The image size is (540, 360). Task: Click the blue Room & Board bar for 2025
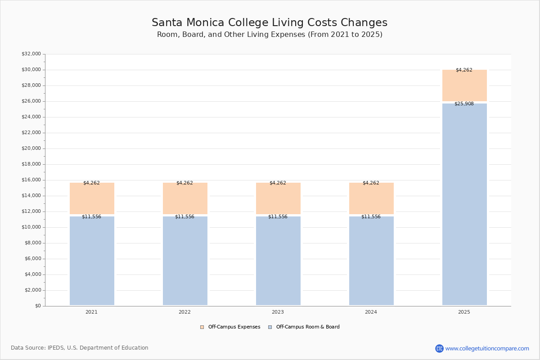464,205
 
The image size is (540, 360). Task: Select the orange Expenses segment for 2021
92,199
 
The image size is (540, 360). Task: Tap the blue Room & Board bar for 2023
278,261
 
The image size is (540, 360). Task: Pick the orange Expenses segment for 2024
371,199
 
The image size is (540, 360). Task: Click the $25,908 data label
464,104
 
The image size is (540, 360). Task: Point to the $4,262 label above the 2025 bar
464,70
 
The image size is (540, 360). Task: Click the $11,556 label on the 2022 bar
184,217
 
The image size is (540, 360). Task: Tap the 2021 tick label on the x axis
91,312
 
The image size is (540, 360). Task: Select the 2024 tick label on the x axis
371,312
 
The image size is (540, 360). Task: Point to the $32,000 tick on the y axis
31,54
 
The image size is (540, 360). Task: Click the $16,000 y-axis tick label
31,180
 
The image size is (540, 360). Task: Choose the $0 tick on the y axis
38,306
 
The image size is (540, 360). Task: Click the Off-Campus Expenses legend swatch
202,327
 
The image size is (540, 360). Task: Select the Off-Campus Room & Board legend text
308,327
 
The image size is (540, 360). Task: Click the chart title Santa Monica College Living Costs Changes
270,23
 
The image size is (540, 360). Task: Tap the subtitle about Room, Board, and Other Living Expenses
270,35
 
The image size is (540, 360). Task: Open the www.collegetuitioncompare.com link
487,348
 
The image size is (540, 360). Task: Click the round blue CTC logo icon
439,348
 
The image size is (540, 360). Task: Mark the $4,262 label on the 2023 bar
278,183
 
